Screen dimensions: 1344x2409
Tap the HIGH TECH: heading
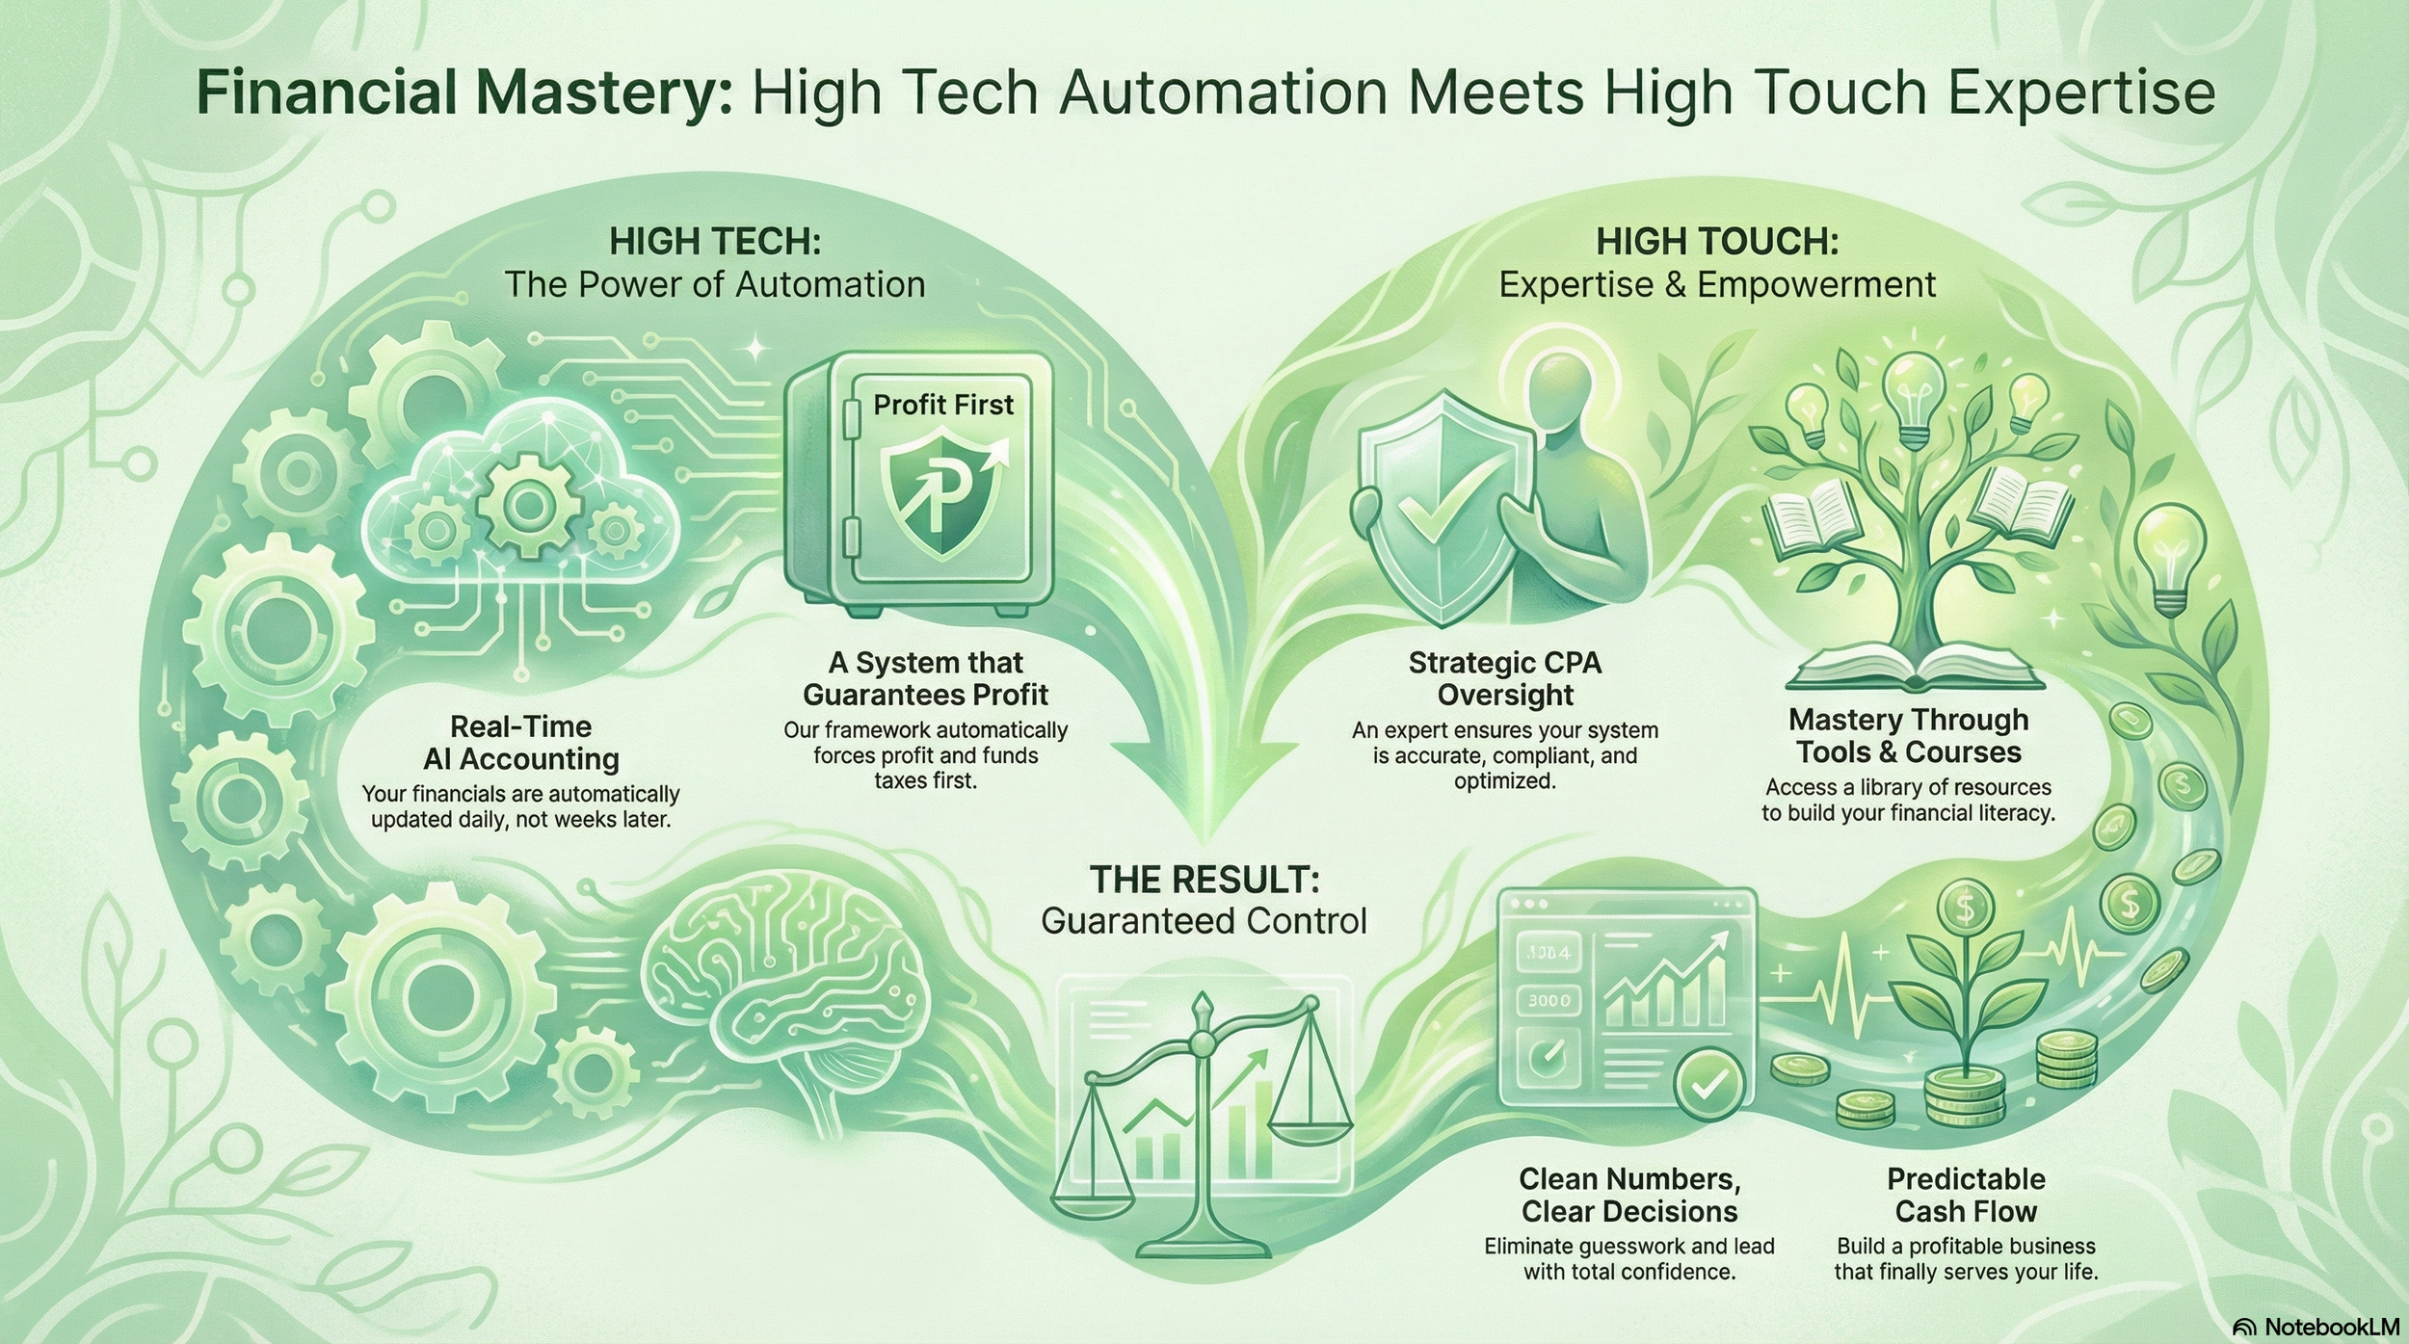tap(715, 241)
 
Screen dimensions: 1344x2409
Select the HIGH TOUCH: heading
tap(1717, 241)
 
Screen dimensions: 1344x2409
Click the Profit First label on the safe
tap(942, 405)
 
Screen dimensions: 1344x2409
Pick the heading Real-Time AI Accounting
tap(520, 743)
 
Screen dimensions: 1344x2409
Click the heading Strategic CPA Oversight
tap(1504, 678)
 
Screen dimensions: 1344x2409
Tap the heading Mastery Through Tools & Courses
tap(1908, 736)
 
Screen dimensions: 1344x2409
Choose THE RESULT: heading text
tap(1204, 880)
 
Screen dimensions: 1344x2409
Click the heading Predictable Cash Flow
tap(1966, 1195)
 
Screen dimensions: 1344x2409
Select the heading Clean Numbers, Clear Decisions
tap(1629, 1195)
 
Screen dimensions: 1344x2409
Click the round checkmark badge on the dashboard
tap(1708, 1086)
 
